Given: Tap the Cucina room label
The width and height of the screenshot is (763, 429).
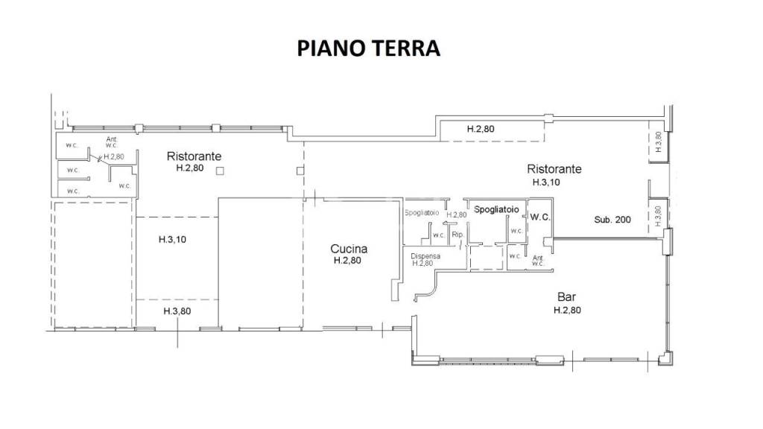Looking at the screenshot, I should pos(349,250).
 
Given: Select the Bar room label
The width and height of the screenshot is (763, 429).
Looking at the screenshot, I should pos(567,296).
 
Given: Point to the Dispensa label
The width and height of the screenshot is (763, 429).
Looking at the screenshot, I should pos(425,255).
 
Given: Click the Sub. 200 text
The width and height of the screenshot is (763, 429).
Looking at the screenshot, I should pos(612,220).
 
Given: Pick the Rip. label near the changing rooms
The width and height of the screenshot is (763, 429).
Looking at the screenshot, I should pos(458,235).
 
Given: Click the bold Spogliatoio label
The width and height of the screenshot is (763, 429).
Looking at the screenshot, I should pos(496,209).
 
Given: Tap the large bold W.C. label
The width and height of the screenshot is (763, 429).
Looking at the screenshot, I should pos(540,217).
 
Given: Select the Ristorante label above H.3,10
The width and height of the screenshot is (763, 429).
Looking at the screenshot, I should pos(554,169).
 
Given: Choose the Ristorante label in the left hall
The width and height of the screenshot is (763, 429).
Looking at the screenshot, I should pos(194,156).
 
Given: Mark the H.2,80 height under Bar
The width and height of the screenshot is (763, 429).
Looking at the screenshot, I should pos(567,310).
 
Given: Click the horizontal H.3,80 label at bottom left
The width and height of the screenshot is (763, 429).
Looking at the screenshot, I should pos(177,311).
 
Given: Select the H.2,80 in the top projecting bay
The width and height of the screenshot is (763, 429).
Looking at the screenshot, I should pos(481,129).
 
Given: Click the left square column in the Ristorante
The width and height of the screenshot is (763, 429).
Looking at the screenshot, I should pos(220,172).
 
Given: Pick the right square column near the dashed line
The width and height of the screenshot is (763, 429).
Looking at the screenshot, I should pos(300,172).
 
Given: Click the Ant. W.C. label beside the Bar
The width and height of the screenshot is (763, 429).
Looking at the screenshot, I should pos(538,261).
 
